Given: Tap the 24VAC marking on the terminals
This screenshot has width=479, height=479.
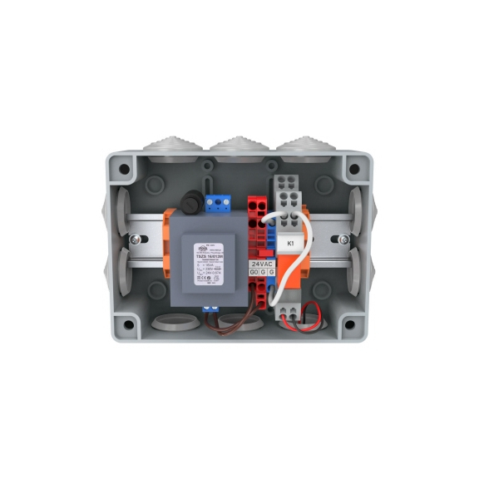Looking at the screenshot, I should click(x=263, y=262).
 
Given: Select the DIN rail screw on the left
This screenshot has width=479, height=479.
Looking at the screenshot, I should click(x=134, y=240).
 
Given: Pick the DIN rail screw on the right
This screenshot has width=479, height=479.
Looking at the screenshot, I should click(x=343, y=240).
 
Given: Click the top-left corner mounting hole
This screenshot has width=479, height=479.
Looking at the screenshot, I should click(x=124, y=170).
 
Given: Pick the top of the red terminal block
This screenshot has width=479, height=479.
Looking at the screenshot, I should click(x=256, y=205).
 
